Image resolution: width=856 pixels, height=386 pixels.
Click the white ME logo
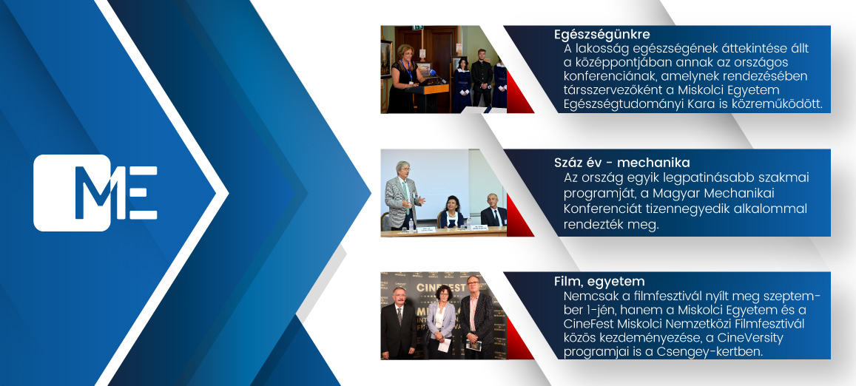coord(95,193)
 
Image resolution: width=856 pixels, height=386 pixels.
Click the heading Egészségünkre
coord(601,35)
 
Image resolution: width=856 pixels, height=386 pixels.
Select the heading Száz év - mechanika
coord(621,163)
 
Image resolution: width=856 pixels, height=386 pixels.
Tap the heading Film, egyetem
coord(599,282)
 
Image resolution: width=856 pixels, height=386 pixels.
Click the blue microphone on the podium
coord(435,73)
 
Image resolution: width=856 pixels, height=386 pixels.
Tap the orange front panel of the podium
coord(426,89)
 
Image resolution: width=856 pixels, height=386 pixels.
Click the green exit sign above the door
coord(417,27)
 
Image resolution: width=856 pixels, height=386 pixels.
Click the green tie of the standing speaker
coord(405,189)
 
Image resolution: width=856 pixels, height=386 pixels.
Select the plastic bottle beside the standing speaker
coord(411,225)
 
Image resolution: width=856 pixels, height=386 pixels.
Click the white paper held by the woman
coord(445,345)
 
